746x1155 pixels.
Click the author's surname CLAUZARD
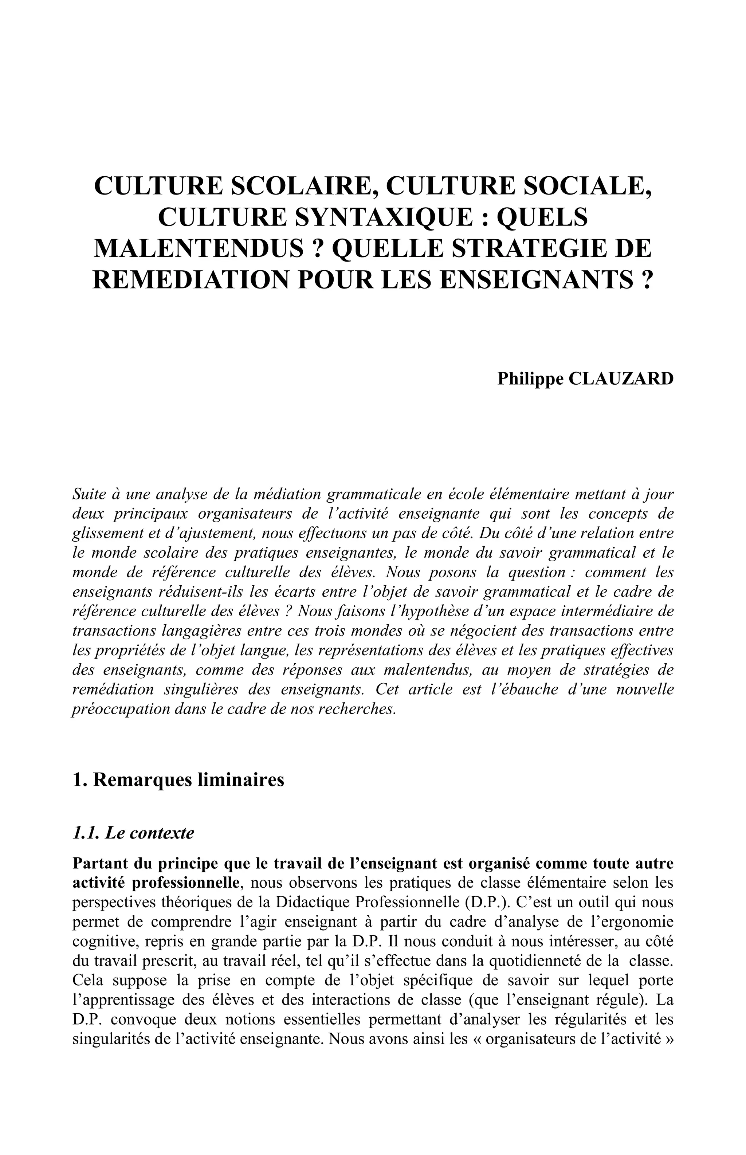click(x=621, y=378)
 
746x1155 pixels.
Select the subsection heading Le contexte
click(x=149, y=833)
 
